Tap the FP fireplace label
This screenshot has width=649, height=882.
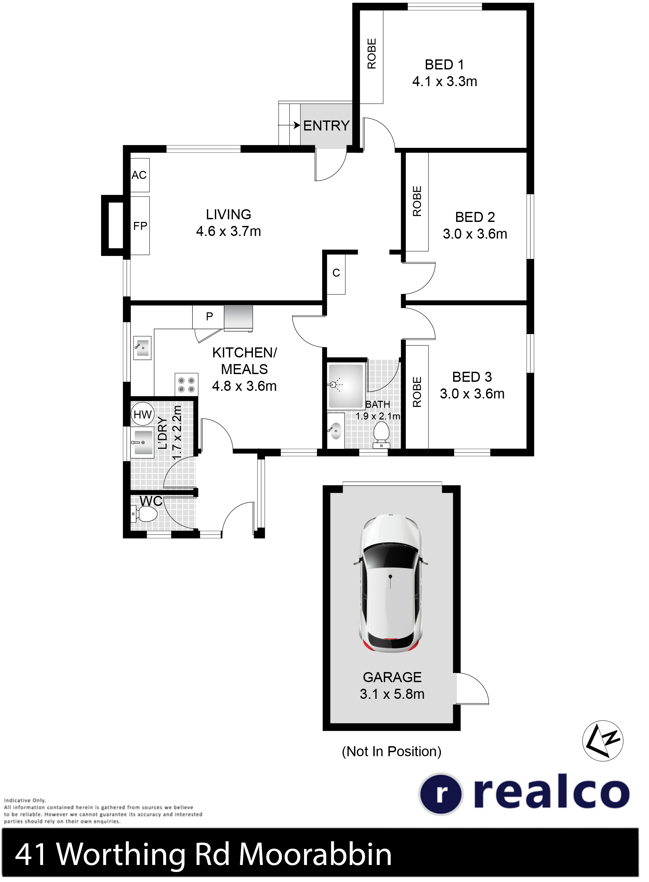[x=140, y=226]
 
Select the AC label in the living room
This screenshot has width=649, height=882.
[x=139, y=175]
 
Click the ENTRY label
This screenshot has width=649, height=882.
[x=326, y=126]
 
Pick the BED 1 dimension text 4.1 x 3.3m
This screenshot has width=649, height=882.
[x=445, y=81]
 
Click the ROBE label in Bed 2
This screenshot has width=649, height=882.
[x=417, y=201]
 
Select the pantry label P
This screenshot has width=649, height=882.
[x=210, y=316]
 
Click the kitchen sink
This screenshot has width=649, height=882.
[x=142, y=347]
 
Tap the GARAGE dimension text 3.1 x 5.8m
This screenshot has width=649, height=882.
[x=392, y=694]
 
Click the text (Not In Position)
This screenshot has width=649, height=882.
[x=392, y=751]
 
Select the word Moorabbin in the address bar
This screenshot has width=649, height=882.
[x=315, y=855]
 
